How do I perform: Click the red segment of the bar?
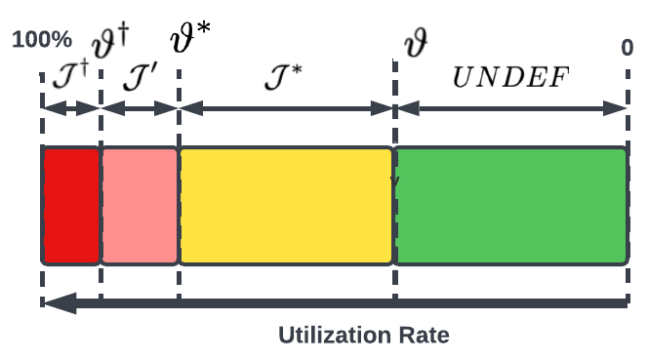click(x=70, y=205)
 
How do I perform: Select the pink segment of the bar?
click(x=140, y=205)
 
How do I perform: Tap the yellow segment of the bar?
click(x=286, y=205)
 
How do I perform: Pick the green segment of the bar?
click(x=510, y=205)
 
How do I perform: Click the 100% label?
click(x=42, y=41)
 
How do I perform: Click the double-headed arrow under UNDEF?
click(x=510, y=108)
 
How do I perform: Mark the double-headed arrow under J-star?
click(x=286, y=108)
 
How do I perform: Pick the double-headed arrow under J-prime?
click(x=140, y=108)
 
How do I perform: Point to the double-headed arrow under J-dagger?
click(x=70, y=108)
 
